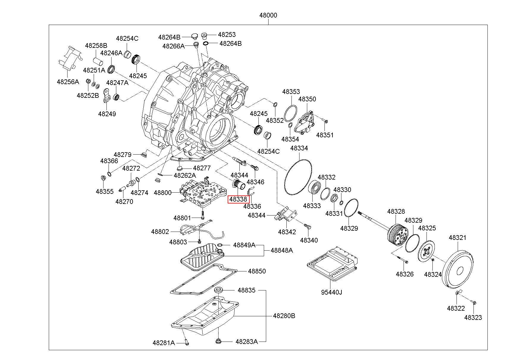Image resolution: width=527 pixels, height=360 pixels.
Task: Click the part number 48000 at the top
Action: tap(268, 15)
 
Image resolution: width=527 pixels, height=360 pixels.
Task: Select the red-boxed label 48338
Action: tap(238, 199)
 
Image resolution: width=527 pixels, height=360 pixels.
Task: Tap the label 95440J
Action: tap(331, 292)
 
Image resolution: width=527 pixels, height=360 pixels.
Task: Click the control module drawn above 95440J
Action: tap(332, 263)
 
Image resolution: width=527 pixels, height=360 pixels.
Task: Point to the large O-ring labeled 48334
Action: tap(298, 177)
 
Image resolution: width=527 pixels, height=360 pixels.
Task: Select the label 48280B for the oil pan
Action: tap(284, 316)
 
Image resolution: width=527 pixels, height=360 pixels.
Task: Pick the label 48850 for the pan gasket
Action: tap(257, 271)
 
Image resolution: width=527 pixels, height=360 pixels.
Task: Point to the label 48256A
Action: tap(68, 82)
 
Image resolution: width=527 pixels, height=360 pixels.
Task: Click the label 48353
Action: tap(291, 92)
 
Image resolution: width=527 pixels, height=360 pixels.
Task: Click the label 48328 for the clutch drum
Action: tap(396, 211)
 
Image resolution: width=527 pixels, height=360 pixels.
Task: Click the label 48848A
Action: tap(281, 251)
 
